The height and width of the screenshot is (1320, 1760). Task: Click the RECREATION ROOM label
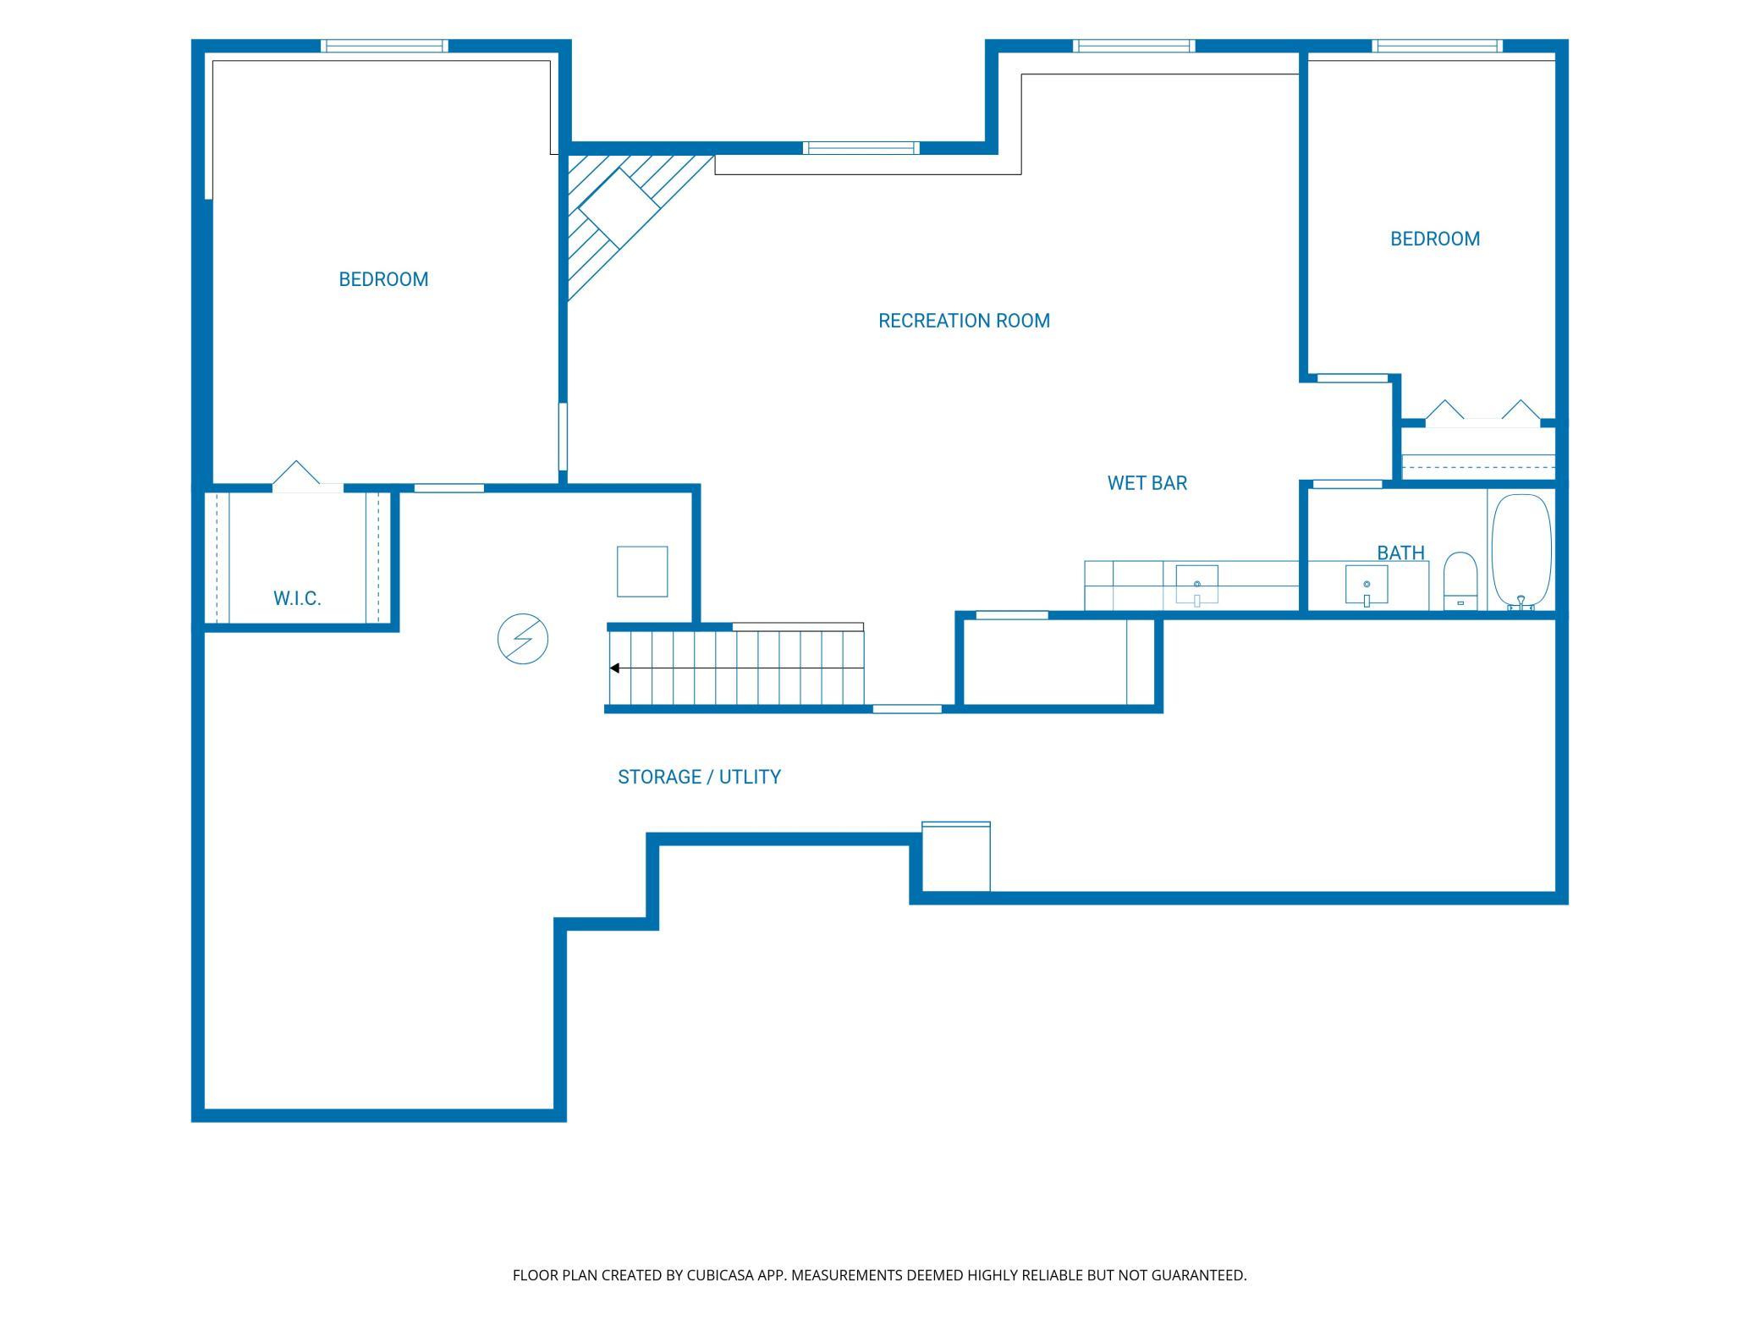[x=964, y=321]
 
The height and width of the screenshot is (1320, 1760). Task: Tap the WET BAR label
[x=1147, y=483]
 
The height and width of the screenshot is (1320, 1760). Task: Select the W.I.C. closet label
[x=297, y=598]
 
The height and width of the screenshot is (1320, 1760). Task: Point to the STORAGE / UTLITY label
[x=699, y=777]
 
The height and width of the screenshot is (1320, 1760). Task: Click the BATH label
[x=1400, y=553]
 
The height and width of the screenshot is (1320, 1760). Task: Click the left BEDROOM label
[x=383, y=279]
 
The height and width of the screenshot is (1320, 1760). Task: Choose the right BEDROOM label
[x=1435, y=239]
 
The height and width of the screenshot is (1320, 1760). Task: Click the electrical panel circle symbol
[x=523, y=639]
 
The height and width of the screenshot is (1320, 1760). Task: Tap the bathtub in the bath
[x=1521, y=552]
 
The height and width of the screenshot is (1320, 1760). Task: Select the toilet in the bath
[x=1460, y=581]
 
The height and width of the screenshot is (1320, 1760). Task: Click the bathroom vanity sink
[x=1367, y=586]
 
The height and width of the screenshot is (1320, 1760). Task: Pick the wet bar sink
[x=1196, y=586]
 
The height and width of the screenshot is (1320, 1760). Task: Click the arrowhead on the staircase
[x=615, y=668]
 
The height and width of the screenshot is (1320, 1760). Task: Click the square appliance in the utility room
[x=642, y=571]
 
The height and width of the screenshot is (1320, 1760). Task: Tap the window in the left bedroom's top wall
[x=384, y=46]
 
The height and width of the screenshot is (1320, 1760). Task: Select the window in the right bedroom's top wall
[x=1438, y=46]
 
